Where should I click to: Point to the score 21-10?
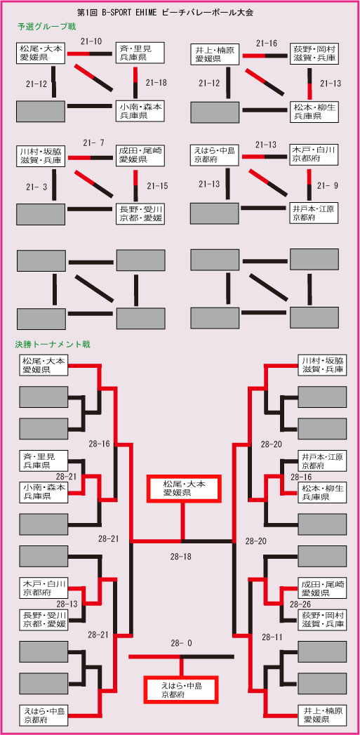92,41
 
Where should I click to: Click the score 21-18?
156,83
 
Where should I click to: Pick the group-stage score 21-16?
266,44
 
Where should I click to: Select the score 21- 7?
93,143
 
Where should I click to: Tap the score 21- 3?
36,187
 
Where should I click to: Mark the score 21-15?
157,185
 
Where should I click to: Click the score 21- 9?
327,185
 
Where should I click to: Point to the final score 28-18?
181,557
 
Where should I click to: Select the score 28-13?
67,604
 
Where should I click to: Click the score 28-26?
301,604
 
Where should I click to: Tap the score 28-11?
272,637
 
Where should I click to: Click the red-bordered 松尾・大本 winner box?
184,488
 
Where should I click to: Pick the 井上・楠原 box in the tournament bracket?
322,715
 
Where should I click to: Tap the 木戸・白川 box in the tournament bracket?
44,588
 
